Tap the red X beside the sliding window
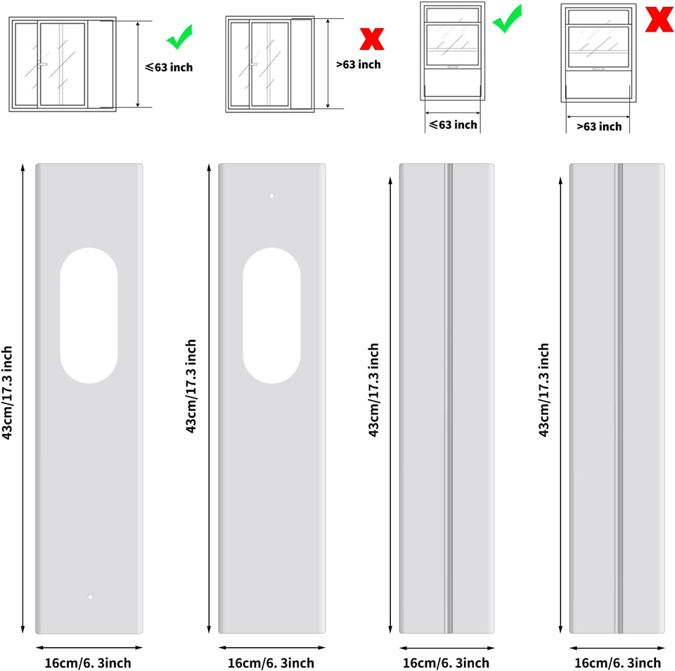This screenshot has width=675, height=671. coord(371,39)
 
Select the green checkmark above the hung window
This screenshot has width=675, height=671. coord(507,18)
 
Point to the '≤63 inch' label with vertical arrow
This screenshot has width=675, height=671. coord(169,67)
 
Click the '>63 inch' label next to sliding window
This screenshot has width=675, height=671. coord(358,65)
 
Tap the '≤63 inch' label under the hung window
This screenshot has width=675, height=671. coord(453,125)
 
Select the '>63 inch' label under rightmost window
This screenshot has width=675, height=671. coord(599,127)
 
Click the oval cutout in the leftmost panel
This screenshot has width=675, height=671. coord(89,315)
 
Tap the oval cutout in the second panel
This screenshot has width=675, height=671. coord(271,315)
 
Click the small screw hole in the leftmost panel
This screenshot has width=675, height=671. coord(90,597)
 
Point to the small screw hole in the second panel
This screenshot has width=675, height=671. coord(271,196)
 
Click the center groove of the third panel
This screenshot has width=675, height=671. coord(449,399)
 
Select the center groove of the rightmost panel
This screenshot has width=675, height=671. coord(619,399)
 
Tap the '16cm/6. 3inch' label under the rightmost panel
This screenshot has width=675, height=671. coord(617,663)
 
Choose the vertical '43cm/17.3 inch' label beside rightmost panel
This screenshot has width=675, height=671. coord(544,390)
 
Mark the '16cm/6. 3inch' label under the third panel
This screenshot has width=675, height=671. coord(446,663)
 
